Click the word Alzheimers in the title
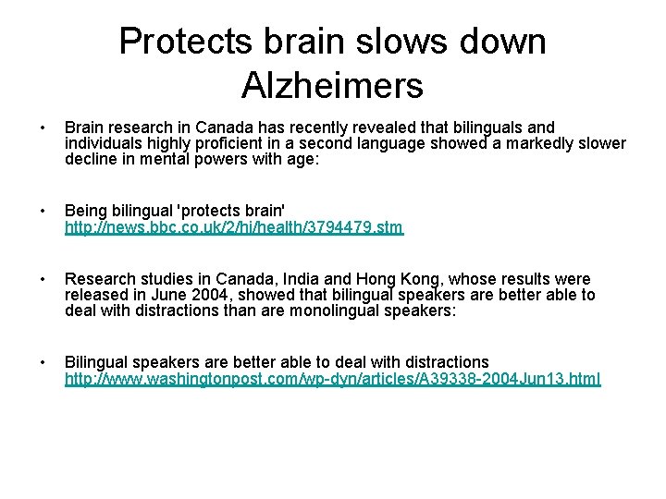click(332, 85)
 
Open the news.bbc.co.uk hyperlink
click(234, 226)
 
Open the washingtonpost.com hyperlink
click(332, 379)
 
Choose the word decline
click(89, 159)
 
